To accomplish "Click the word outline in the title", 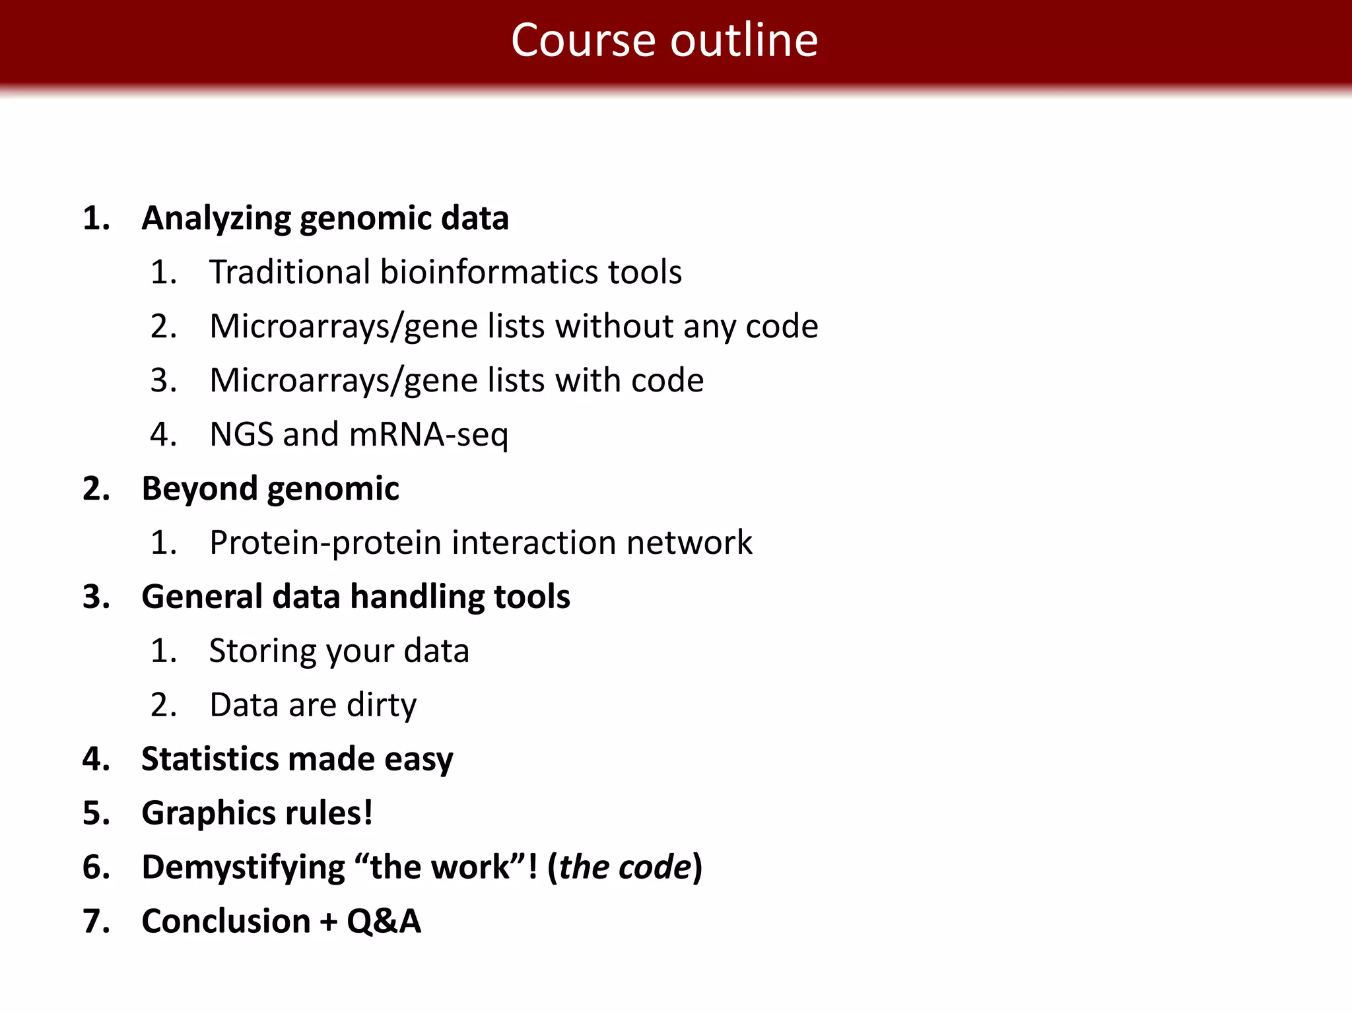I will pos(744,41).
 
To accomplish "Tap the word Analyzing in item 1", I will pos(216,219).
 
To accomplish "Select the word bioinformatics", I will pos(489,272).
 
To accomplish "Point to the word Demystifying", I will pos(243,867).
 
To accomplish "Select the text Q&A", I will pos(384,922).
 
